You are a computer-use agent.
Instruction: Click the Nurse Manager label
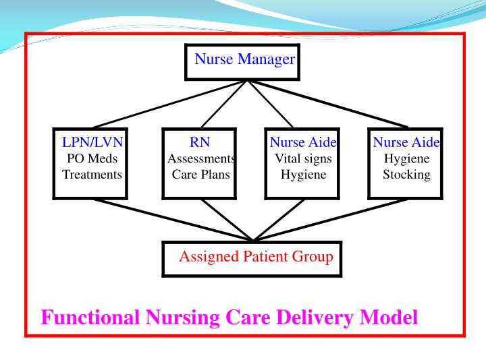pos(244,59)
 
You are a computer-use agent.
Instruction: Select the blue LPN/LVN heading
pos(92,142)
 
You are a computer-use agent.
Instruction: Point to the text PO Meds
pos(92,158)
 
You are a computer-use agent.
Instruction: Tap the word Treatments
pos(92,175)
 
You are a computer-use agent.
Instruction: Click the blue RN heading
pos(200,142)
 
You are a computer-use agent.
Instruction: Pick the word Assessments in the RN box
pos(200,158)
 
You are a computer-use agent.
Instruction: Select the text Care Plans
pos(200,175)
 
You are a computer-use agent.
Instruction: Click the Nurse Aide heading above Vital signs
pos(303,142)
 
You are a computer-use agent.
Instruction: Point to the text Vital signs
pos(303,158)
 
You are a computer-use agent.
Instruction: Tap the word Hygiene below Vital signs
pos(303,175)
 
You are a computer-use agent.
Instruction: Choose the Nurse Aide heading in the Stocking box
pos(406,142)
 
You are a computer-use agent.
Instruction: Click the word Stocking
pos(406,175)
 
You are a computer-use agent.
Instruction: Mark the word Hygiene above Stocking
pos(406,158)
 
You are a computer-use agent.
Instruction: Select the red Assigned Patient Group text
pos(256,257)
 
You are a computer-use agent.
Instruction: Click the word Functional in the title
pos(90,317)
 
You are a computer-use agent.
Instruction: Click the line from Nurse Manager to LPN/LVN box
pos(169,104)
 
